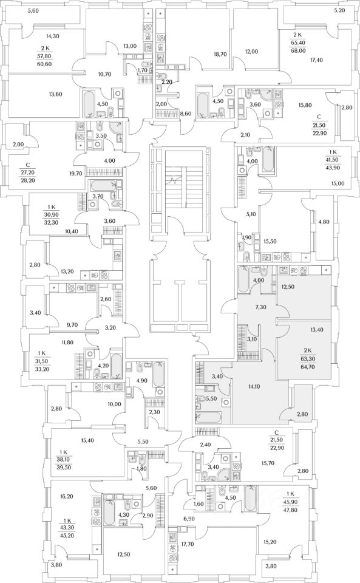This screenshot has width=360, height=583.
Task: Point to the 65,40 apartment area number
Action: pyautogui.click(x=297, y=43)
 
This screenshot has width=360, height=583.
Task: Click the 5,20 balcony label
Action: pyautogui.click(x=339, y=10)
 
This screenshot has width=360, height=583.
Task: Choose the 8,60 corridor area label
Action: pyautogui.click(x=185, y=114)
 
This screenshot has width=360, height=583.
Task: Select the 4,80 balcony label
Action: pyautogui.click(x=324, y=222)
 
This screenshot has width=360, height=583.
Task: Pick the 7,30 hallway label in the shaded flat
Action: pyautogui.click(x=260, y=307)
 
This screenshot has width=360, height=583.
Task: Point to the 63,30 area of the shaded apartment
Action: pyautogui.click(x=307, y=359)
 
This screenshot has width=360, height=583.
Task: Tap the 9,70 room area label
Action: pyautogui.click(x=72, y=324)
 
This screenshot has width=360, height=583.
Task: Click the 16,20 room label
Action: pyautogui.click(x=67, y=496)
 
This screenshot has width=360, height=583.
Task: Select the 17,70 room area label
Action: pyautogui.click(x=188, y=544)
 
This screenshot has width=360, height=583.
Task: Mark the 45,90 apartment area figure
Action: pyautogui.click(x=290, y=502)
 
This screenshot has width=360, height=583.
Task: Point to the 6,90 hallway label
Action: pyautogui.click(x=189, y=518)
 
